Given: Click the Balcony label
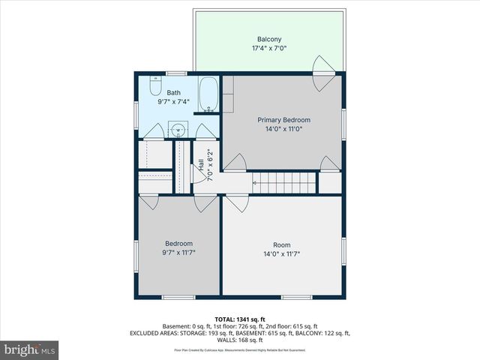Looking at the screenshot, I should point(269,39).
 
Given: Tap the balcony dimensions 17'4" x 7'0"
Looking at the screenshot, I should point(269,48).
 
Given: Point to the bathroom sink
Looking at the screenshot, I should point(178,129).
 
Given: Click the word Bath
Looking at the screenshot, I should point(173,92).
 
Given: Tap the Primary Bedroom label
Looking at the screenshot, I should point(283,120).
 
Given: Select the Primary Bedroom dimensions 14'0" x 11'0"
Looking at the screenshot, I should point(283,129).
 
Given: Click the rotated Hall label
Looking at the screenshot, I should point(201,166).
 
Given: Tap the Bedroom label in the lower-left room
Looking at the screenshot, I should point(179,244).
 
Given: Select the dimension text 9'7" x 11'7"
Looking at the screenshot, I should point(179,253).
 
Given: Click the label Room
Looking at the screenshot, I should point(281,245).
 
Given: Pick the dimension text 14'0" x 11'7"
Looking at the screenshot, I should point(281,254).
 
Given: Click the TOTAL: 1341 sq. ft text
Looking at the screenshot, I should point(240,319).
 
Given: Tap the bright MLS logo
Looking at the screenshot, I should point(30,349).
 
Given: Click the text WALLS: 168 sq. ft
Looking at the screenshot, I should point(240,340).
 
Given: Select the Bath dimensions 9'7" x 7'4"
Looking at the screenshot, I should point(173,101).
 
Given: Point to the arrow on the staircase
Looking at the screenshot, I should point(259,181).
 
